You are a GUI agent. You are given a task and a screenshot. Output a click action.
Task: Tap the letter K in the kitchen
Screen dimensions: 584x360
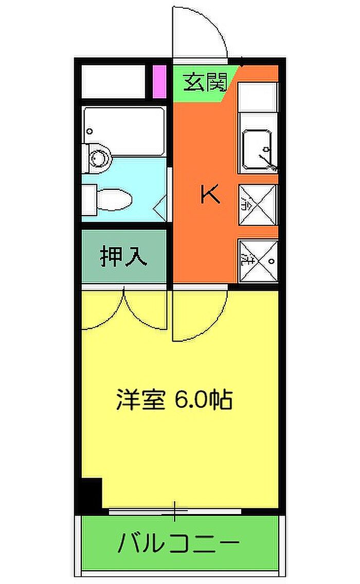pos(210,194)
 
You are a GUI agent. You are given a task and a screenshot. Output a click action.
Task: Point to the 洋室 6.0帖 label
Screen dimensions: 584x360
pos(174,400)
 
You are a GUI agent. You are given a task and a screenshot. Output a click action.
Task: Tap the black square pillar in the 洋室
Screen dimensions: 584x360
pos(92,492)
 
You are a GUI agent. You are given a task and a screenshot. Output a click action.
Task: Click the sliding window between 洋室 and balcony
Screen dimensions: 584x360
pos(175,511)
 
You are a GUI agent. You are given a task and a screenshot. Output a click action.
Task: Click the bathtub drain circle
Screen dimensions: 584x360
pos(91,131)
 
